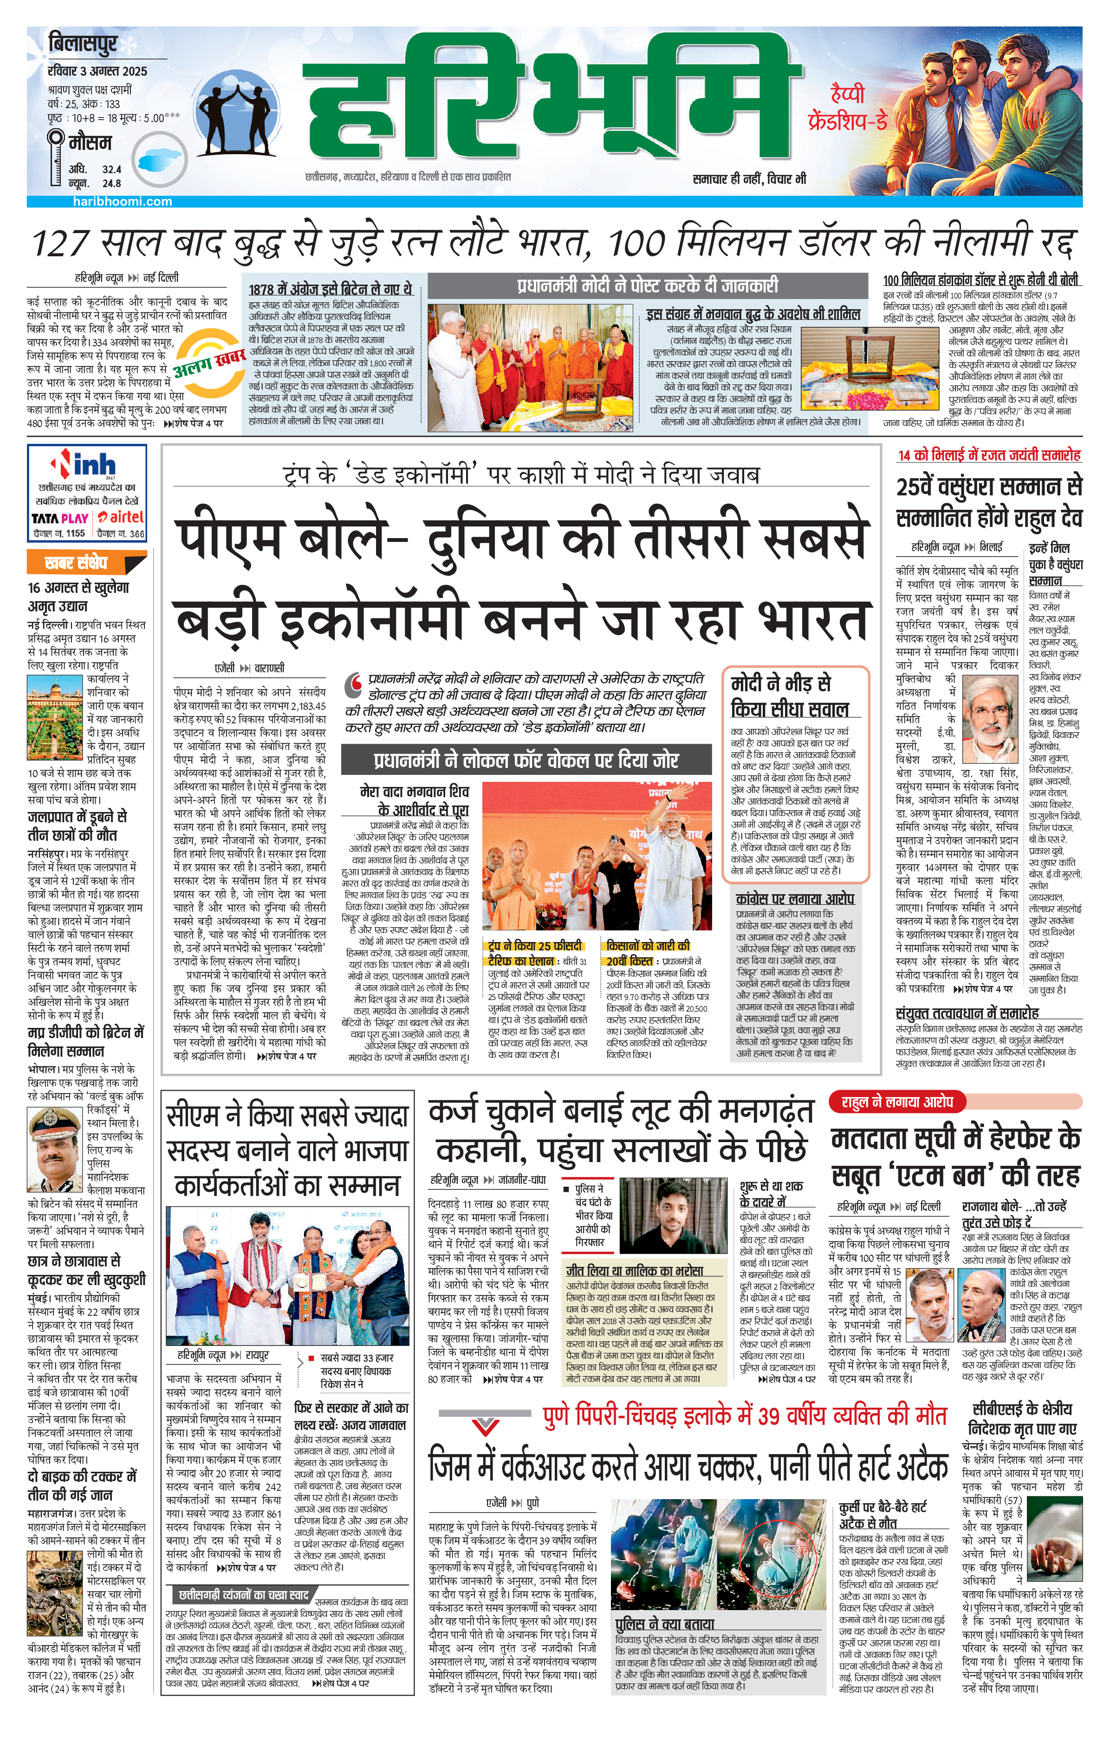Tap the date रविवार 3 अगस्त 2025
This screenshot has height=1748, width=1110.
97,71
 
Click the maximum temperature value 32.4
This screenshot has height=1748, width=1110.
112,169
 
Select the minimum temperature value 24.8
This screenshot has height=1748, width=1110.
112,184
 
